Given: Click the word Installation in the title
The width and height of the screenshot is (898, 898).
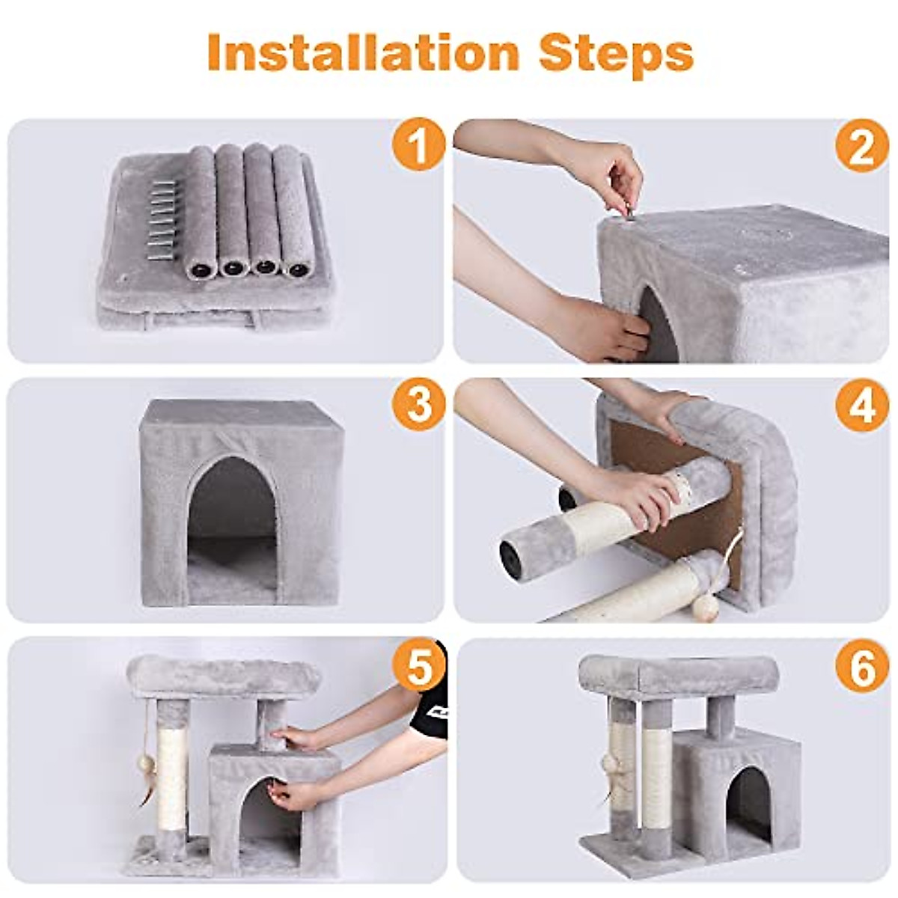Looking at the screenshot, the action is [364, 52].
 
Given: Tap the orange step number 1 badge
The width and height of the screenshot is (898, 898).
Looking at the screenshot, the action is [418, 145].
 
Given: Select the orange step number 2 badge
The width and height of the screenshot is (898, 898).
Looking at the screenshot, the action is [861, 145].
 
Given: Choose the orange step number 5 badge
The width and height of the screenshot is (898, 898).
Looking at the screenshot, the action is [418, 665].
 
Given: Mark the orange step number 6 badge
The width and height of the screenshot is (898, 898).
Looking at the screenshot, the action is [861, 665].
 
